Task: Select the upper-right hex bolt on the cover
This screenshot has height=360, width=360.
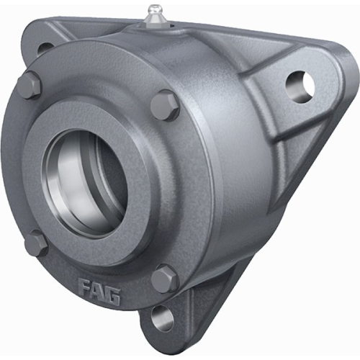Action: [166, 105]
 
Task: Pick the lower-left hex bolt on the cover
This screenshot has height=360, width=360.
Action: [36, 243]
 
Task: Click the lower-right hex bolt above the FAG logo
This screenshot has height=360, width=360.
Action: [165, 279]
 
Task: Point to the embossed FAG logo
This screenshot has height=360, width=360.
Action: [99, 291]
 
